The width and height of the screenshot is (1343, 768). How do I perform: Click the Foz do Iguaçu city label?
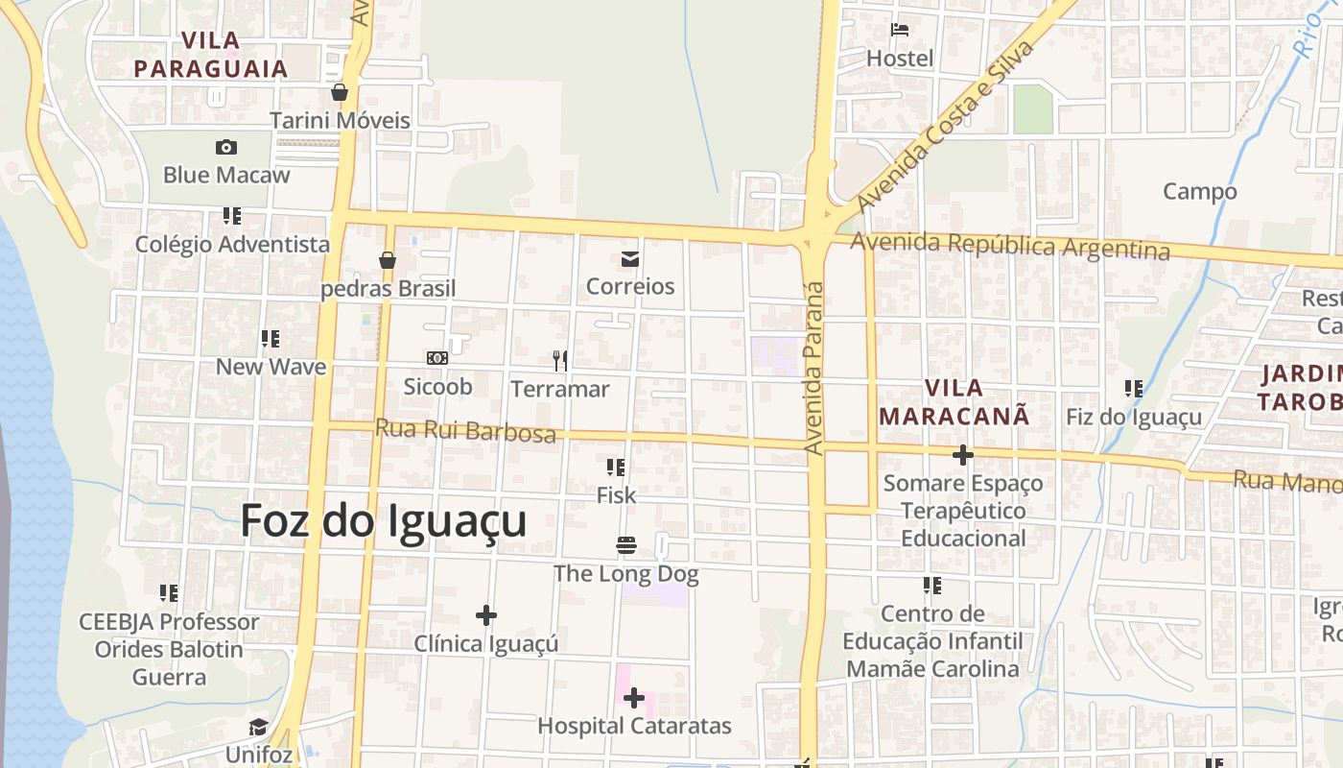pos(384,521)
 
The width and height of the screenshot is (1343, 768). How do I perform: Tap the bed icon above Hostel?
pos(900,30)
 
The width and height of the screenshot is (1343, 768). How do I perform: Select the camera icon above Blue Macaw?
pos(226,147)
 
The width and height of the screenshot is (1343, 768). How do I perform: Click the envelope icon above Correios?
pos(630,258)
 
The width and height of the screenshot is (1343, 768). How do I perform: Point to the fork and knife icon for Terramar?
pos(560,361)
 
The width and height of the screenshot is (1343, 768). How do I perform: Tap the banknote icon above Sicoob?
pos(437,358)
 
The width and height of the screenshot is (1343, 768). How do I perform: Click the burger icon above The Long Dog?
pos(626,546)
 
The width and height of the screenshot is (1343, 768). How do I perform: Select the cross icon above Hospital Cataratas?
pos(634,698)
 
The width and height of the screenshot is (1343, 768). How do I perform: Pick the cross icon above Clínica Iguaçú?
pos(486,614)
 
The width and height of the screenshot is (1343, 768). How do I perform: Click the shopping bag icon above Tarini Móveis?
pos(340,92)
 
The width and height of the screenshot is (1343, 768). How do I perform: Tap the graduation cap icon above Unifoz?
pos(259,727)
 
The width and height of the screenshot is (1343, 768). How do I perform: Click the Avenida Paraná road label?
pos(814,368)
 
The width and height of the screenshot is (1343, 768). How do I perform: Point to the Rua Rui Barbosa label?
pos(465,430)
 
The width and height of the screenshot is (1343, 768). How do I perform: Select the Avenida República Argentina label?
pos(1010,246)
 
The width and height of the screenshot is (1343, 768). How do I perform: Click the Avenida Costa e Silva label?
pos(946,126)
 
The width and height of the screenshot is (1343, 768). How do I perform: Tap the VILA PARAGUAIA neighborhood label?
pos(211,55)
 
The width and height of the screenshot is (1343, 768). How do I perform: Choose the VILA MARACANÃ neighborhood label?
pos(954,402)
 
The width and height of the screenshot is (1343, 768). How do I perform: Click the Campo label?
pos(1200,191)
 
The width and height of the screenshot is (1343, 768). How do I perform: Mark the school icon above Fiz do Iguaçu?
pos(1134,389)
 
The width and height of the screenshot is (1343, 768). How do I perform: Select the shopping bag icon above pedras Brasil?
pos(388,260)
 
